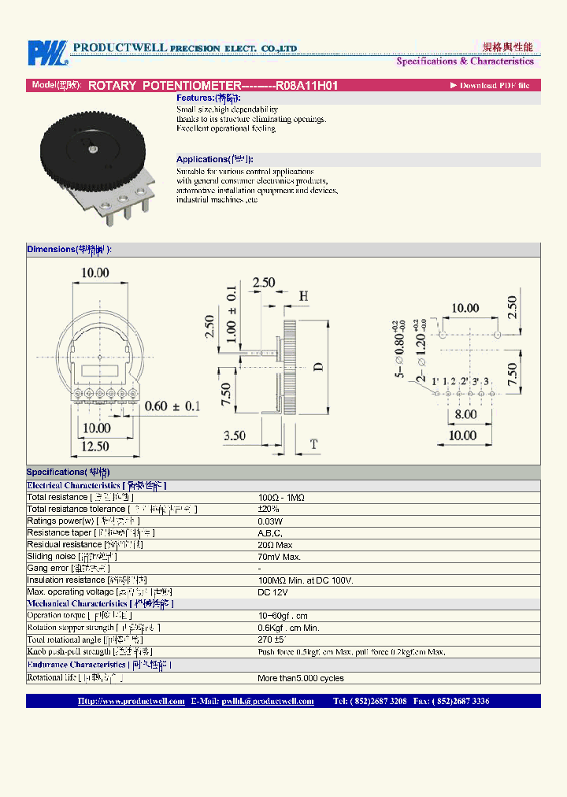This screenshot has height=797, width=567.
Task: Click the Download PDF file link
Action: (x=490, y=85)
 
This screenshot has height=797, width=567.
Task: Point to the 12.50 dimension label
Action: (x=95, y=447)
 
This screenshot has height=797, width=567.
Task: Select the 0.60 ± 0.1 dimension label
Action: (x=172, y=406)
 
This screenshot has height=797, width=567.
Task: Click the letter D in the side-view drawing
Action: (x=319, y=367)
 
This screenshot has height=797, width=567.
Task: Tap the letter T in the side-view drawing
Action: (x=313, y=445)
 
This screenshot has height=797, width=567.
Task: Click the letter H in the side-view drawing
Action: (x=303, y=296)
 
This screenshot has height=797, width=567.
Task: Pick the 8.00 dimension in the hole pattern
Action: (x=465, y=414)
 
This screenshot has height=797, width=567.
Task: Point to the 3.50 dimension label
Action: (x=235, y=436)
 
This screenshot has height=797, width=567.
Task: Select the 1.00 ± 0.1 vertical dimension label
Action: (x=232, y=316)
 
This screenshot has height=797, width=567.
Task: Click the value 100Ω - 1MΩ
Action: (x=280, y=498)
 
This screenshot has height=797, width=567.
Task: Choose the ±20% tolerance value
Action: (x=269, y=510)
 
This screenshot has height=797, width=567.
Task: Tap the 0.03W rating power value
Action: (x=270, y=521)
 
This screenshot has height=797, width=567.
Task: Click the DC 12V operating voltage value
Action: (x=273, y=592)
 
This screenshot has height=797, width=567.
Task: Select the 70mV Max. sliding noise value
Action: (x=280, y=557)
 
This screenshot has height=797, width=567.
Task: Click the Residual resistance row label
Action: (x=64, y=545)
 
